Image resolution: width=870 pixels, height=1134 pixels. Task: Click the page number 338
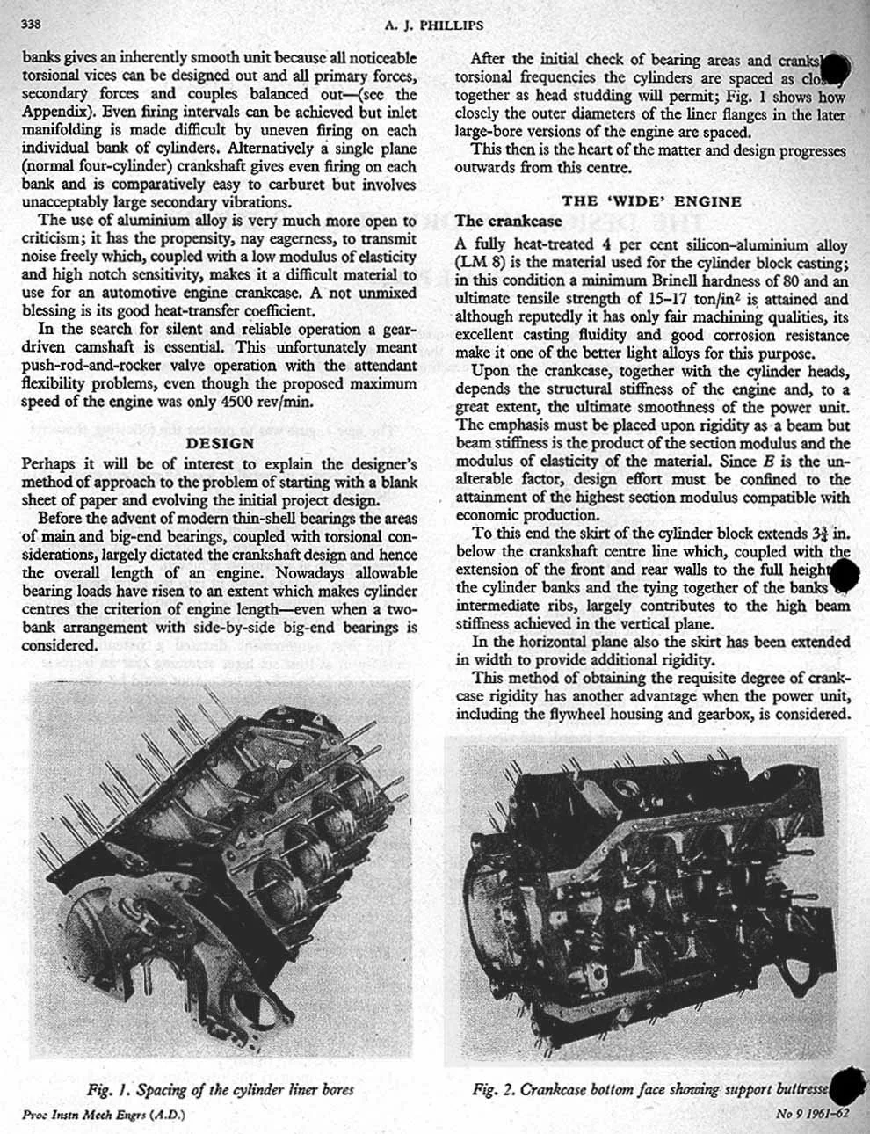pos(32,25)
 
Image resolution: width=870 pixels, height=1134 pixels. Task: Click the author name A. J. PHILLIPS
pos(434,25)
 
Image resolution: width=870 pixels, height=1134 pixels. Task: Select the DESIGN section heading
pos(221,443)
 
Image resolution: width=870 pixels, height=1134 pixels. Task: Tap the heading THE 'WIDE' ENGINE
pos(651,201)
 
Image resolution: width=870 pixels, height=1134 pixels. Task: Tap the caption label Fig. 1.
pos(112,1091)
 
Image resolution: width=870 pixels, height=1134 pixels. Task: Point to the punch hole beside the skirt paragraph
pos(844,577)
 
